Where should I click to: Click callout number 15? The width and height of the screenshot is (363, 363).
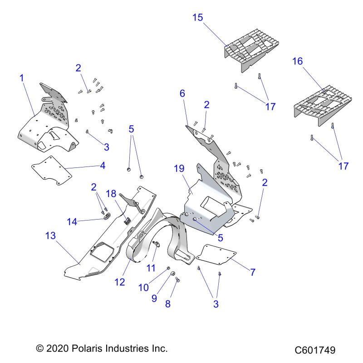point(197,18)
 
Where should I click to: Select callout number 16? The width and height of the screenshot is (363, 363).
point(297,62)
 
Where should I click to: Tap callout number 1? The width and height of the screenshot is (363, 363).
point(21,78)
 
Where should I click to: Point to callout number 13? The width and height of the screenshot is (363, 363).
point(51,235)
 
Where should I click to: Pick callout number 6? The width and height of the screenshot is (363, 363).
point(182,94)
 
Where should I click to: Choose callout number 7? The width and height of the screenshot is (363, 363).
point(253,272)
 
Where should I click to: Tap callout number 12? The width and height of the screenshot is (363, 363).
point(119,282)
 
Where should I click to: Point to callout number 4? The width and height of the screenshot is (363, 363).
point(103,166)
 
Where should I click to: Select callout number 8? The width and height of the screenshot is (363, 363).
point(168,304)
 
